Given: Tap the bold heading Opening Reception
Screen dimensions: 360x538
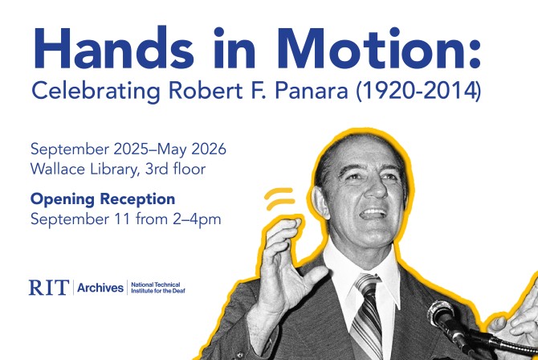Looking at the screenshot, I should pyautogui.click(x=103, y=198).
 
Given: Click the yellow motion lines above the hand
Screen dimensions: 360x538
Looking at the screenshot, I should pyautogui.click(x=282, y=198).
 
